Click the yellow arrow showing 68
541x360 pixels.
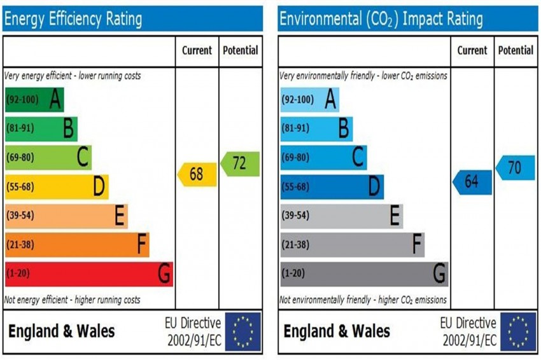(x=197, y=174)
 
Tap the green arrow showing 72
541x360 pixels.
(x=240, y=163)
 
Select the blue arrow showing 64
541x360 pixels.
(x=472, y=182)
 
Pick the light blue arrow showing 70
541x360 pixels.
(x=515, y=167)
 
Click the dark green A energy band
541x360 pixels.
(x=34, y=99)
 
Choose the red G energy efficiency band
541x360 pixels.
(x=89, y=274)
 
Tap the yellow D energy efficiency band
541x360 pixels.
(x=57, y=187)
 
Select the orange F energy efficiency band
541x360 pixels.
(x=77, y=245)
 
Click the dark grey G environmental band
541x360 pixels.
(x=364, y=274)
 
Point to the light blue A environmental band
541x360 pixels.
(x=309, y=99)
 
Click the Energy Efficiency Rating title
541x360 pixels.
(x=73, y=19)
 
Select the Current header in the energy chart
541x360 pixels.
(x=197, y=50)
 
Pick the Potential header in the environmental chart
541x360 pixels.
(x=516, y=50)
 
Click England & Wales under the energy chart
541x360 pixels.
(x=62, y=331)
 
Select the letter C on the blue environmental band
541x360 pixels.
(x=358, y=157)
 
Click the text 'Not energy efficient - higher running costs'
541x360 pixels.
(x=73, y=300)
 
